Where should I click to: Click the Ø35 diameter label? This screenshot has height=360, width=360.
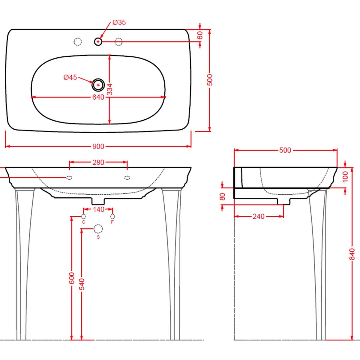point(119,22)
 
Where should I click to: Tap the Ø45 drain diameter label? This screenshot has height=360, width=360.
point(70,77)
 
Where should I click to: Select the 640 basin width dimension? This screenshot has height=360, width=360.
point(98,97)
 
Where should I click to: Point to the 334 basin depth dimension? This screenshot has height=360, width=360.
point(110,89)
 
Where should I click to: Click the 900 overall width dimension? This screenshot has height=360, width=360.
point(98,146)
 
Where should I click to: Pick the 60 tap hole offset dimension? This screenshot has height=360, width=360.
point(200,35)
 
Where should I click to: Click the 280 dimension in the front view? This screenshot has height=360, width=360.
point(98,163)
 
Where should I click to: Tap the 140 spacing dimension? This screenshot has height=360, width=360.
point(98,209)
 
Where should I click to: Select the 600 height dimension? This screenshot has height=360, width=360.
point(72,278)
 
